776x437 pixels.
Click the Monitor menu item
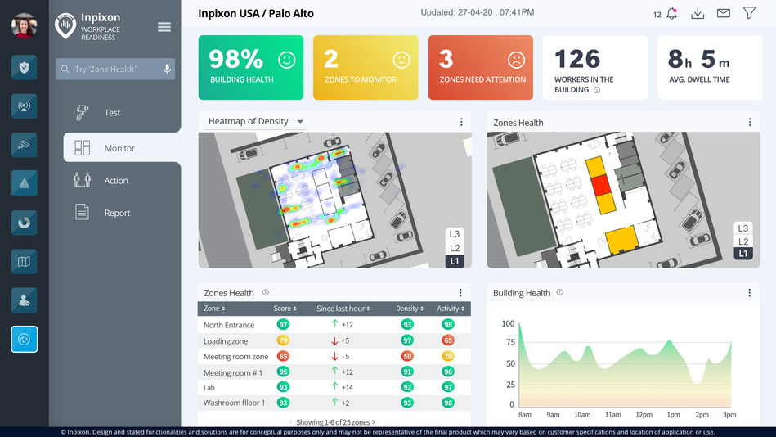[119, 148]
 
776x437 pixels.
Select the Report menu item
[116, 213]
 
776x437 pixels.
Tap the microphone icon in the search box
[167, 70]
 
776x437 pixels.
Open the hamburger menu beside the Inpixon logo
[164, 27]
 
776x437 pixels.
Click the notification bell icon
[671, 14]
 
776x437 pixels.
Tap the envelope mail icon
[723, 14]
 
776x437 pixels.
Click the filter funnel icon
[749, 14]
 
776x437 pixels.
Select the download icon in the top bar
[698, 14]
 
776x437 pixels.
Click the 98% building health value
[235, 59]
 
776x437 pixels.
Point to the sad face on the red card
[516, 60]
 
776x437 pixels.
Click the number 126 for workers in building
[577, 59]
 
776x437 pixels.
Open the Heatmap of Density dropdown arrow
[300, 122]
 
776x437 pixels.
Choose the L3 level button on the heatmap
[455, 234]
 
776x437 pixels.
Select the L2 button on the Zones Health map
[742, 241]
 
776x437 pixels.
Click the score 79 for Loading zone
[283, 340]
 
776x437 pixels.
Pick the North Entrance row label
[229, 325]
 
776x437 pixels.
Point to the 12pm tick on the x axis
[644, 415]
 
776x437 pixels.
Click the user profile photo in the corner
[24, 25]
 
